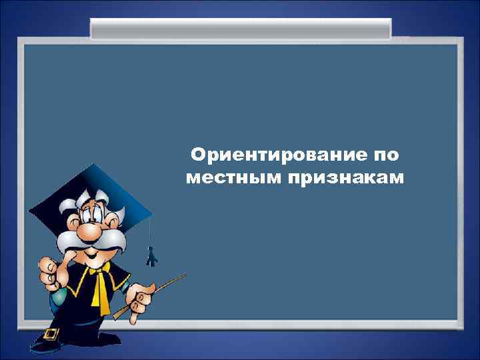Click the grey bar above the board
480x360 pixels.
point(241,29)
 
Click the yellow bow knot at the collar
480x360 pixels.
point(101,269)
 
